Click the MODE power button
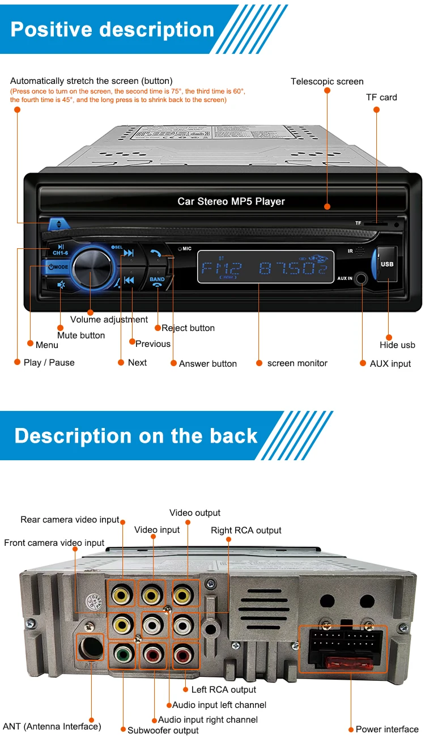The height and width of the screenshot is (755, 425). [x=58, y=267]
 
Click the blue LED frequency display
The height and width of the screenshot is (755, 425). [x=265, y=268]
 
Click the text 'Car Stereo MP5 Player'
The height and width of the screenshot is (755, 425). [x=231, y=201]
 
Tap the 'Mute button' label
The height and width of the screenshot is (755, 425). [x=81, y=335]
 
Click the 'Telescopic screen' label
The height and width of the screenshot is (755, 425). [x=327, y=82]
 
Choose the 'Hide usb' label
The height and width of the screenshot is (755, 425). [x=397, y=345]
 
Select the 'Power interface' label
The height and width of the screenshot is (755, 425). [x=387, y=729]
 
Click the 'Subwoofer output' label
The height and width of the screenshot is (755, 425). [x=163, y=731]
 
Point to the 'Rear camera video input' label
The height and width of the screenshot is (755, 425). [x=70, y=519]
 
